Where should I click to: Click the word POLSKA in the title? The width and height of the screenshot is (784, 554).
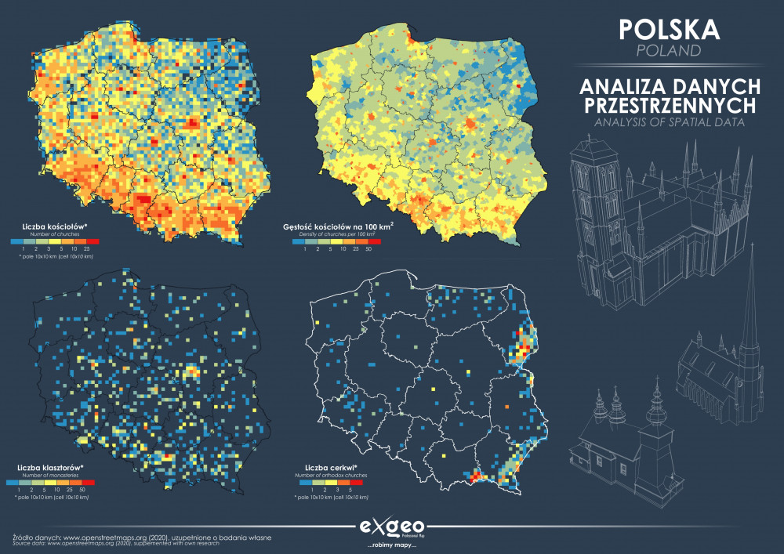[669, 29]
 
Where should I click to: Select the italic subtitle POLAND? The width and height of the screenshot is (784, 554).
[669, 51]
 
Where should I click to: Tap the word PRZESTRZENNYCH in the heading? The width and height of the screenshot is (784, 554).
[669, 104]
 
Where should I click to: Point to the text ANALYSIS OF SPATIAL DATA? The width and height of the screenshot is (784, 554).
[669, 122]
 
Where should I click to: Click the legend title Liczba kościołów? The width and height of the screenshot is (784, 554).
[54, 226]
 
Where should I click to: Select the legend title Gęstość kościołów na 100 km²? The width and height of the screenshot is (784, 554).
[338, 227]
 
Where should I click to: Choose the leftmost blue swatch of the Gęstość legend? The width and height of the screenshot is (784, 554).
[298, 241]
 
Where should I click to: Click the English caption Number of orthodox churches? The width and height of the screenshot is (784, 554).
[330, 475]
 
